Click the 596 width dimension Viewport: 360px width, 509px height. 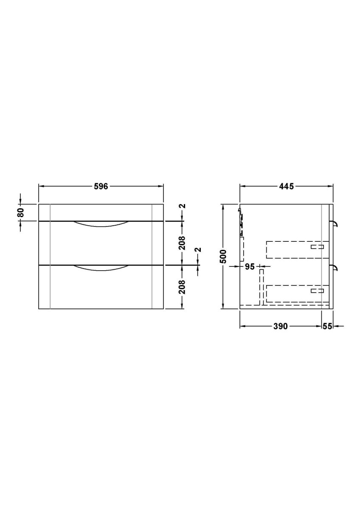click(101, 186)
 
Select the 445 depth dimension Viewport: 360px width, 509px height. click(286, 186)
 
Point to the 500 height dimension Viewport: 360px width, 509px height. click(224, 256)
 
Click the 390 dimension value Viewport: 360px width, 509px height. click(280, 326)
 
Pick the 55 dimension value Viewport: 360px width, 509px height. click(327, 326)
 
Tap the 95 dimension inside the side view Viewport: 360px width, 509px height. click(250, 266)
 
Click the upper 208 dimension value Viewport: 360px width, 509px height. click(183, 243)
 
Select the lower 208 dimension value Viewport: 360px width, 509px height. click(183, 287)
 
